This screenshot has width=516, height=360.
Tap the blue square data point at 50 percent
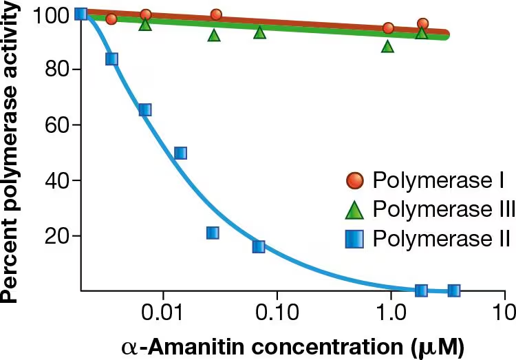180,153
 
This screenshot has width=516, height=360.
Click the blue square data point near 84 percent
111,59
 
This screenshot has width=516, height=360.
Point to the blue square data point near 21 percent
213,233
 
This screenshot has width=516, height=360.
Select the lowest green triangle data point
388,47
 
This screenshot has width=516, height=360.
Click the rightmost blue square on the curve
453,290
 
